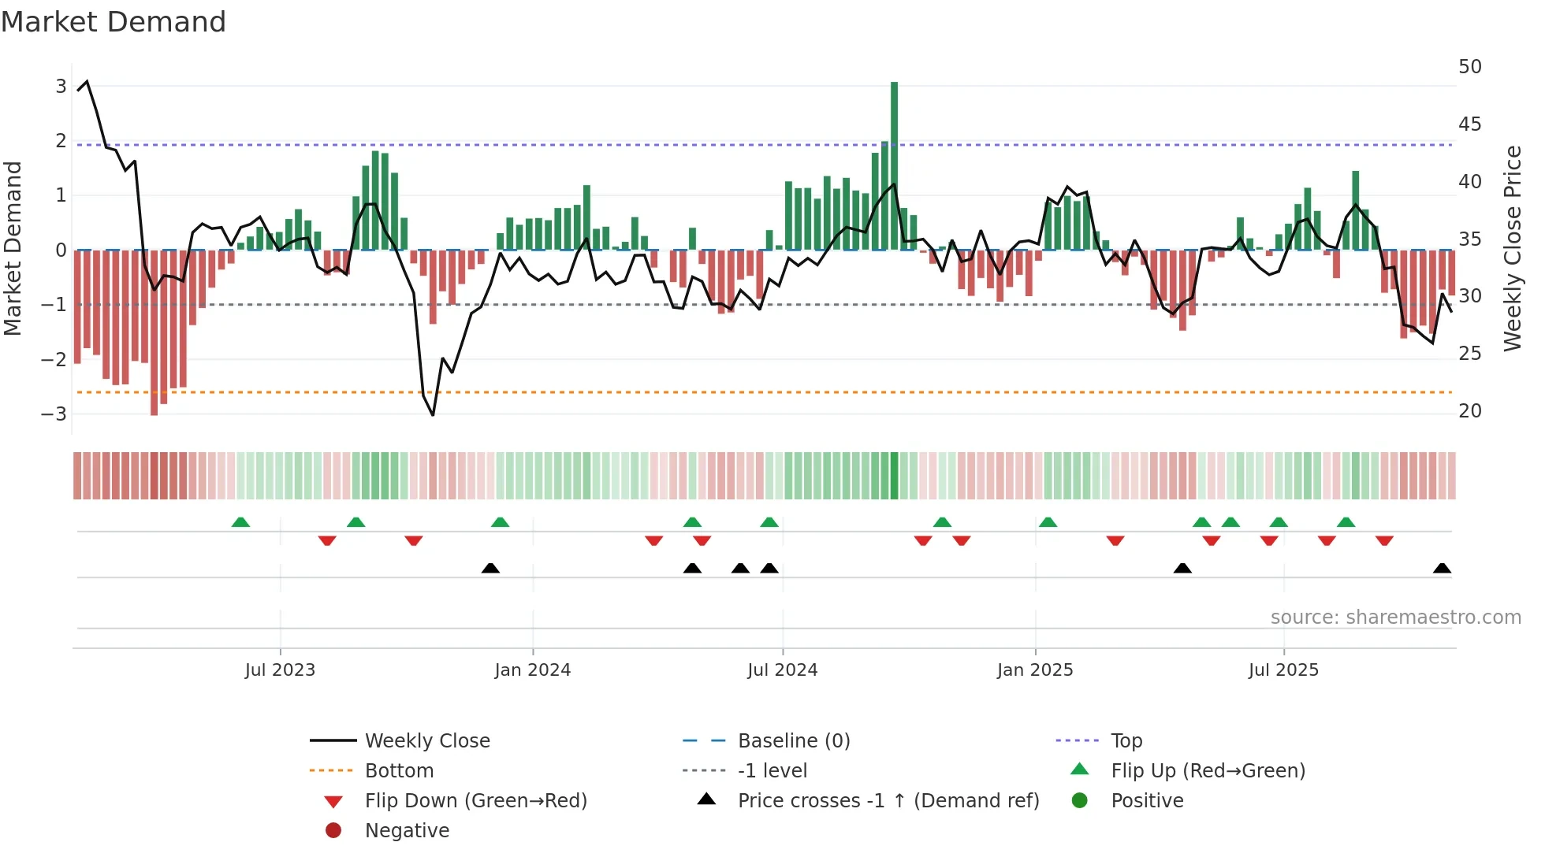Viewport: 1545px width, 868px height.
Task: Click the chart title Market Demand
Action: click(x=114, y=22)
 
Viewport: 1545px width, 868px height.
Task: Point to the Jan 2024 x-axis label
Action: click(x=532, y=670)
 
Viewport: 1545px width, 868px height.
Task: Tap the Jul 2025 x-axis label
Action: click(x=1283, y=670)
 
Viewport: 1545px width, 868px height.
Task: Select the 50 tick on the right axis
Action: click(x=1469, y=67)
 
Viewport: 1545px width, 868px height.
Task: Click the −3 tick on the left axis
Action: click(x=54, y=414)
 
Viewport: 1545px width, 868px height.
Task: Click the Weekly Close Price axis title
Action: click(x=1512, y=248)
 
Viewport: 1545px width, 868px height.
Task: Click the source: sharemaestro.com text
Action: click(x=1395, y=618)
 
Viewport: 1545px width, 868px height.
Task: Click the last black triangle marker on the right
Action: click(x=1442, y=569)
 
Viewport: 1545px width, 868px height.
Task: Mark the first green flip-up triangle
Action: click(x=240, y=522)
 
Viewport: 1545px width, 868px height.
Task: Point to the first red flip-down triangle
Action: click(x=327, y=540)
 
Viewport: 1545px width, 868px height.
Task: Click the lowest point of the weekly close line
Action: click(x=433, y=415)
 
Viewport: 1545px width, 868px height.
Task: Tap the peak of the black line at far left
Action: click(x=87, y=81)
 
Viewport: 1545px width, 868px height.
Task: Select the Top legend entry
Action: click(x=1126, y=741)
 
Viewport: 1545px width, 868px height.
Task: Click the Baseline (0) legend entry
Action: click(x=794, y=741)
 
